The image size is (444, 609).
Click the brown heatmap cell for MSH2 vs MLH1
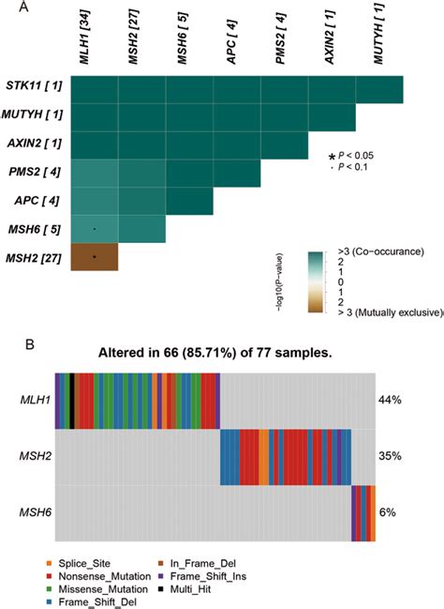[x=95, y=256]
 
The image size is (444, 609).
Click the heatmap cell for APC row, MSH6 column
[x=189, y=201]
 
